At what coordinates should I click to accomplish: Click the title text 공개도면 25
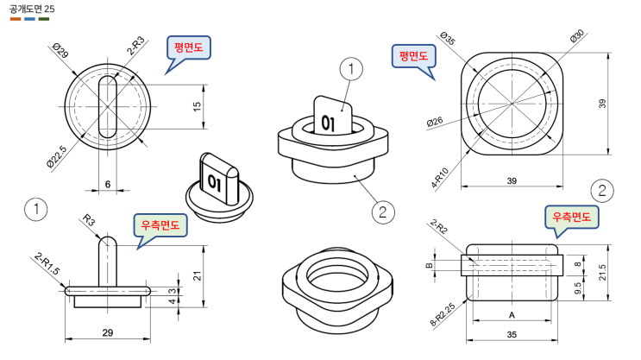32,9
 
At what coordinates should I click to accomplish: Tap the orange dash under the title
16,19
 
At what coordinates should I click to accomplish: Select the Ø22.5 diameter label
56,156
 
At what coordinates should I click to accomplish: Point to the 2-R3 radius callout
135,46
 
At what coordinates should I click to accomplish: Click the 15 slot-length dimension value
197,107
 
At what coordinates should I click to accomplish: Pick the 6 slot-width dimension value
108,184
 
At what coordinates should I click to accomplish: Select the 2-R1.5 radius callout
47,264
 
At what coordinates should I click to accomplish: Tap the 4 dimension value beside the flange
173,301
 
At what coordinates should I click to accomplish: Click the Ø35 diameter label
448,38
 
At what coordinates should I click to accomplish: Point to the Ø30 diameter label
577,36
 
